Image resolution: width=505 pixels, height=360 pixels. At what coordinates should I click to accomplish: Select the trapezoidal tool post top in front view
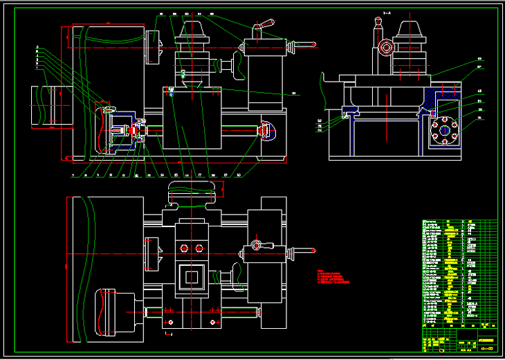(194, 28)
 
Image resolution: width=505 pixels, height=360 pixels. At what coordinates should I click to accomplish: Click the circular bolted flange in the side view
(443, 130)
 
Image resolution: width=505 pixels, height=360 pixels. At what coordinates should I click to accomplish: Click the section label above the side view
(387, 12)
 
